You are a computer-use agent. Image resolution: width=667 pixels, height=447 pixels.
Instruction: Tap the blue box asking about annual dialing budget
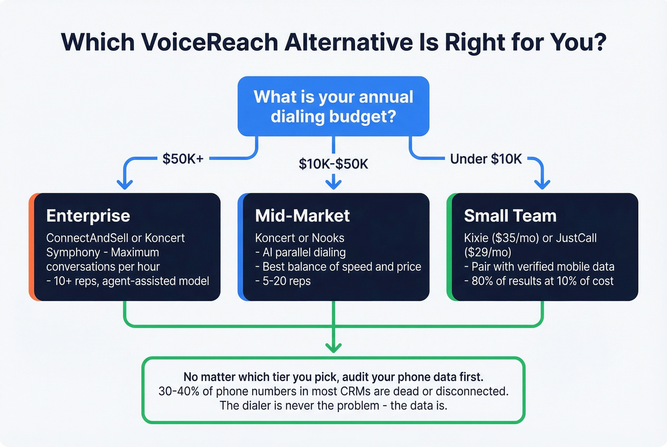click(x=333, y=106)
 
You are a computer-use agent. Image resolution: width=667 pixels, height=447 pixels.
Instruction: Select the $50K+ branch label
click(x=183, y=159)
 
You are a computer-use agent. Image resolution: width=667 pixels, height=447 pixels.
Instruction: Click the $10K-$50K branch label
click(x=333, y=164)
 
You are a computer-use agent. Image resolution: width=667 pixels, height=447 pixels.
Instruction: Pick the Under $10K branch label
click(x=486, y=159)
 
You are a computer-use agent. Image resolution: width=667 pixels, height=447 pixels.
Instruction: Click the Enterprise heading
click(x=88, y=216)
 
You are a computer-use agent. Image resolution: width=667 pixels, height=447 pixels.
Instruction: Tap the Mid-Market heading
click(x=303, y=216)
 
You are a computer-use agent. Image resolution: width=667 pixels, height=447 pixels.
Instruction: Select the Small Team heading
click(x=510, y=216)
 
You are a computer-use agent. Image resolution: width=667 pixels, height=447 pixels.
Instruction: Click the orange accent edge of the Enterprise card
click(x=31, y=247)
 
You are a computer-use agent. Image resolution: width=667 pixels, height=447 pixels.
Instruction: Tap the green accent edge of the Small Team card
click(x=449, y=247)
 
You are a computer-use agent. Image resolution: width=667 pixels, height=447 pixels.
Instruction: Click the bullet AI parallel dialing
click(x=301, y=252)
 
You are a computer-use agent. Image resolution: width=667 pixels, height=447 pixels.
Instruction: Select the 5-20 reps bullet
click(x=283, y=281)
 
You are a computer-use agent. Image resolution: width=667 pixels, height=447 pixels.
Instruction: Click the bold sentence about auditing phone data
click(x=333, y=377)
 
